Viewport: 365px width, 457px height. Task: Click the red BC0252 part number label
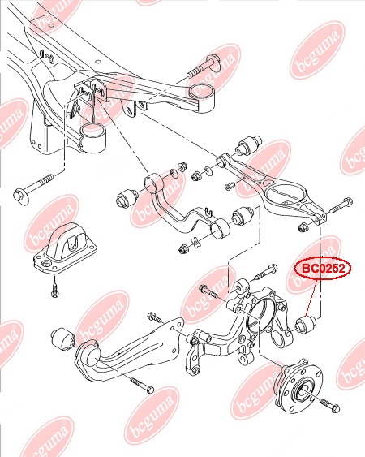coord(323,269)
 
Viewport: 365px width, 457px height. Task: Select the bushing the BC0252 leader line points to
coord(306,325)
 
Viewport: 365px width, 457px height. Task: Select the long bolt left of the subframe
coord(34,186)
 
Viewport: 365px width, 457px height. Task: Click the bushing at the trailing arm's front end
coord(62,339)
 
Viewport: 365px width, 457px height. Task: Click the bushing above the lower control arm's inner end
coord(248,145)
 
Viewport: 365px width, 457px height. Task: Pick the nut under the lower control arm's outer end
coord(303,226)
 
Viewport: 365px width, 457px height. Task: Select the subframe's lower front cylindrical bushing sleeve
coord(92,137)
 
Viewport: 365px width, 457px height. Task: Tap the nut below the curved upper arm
coord(183,249)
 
